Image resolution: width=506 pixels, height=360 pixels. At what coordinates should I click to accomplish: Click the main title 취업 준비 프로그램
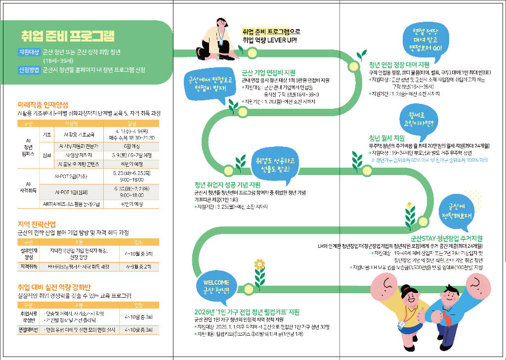point(68,37)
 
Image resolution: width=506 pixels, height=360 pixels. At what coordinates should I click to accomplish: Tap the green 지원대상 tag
point(29,52)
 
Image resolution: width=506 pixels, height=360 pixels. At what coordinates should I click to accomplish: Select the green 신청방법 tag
point(29,70)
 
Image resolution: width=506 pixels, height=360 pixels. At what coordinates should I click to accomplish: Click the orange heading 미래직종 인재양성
point(42,105)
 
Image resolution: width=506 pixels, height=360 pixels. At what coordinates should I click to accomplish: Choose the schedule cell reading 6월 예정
point(131,147)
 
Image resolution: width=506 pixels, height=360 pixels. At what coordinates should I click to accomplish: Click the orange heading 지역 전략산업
point(37,224)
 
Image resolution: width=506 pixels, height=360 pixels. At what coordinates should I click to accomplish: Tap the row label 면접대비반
point(28,329)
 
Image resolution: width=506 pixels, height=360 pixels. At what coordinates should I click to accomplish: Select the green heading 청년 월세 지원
point(387,137)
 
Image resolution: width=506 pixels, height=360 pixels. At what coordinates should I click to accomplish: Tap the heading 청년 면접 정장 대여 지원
point(399,64)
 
